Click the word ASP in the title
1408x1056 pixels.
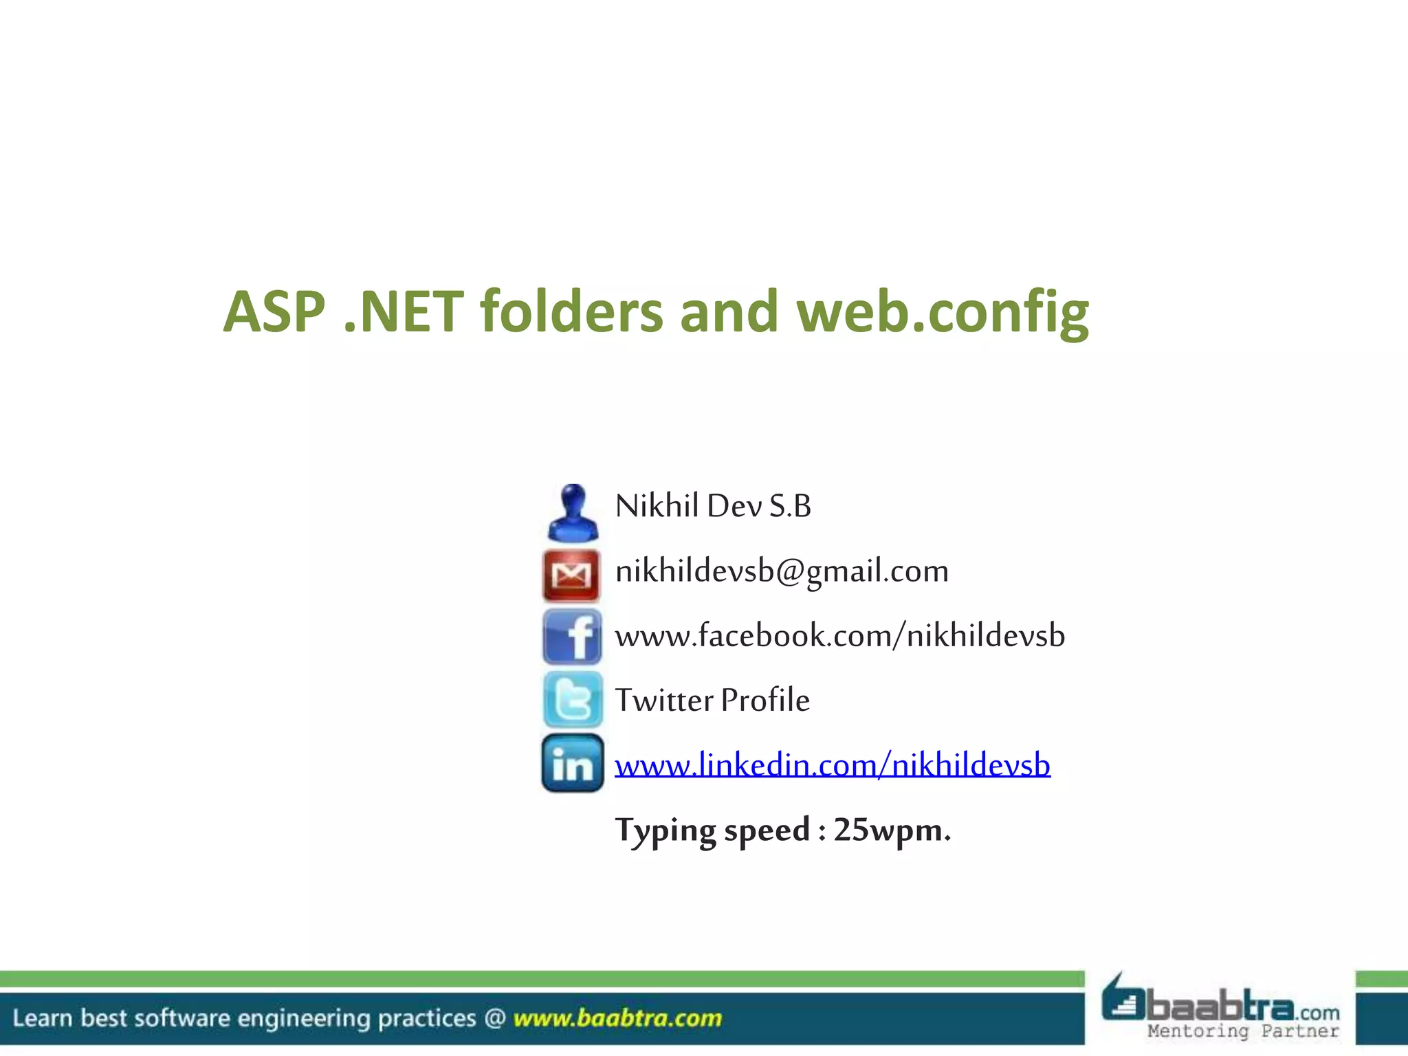tap(274, 313)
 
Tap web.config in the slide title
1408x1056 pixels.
tap(943, 313)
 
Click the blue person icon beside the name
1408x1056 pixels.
tap(572, 513)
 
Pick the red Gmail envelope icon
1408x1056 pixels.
tap(571, 575)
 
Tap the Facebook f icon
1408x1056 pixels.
tap(572, 637)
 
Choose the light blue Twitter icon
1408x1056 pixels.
tap(573, 700)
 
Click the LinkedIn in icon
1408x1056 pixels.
tap(572, 763)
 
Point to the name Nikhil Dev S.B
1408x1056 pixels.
tap(713, 506)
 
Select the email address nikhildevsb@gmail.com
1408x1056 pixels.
tap(782, 571)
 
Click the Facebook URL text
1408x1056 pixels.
tap(839, 635)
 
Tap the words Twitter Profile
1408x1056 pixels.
tap(712, 701)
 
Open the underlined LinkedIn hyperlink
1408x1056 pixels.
tap(832, 764)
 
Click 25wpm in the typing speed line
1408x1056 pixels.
tap(892, 830)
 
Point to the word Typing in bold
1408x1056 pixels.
tap(665, 830)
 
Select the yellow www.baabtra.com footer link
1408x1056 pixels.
tap(617, 1018)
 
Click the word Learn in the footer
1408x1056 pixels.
tap(42, 1018)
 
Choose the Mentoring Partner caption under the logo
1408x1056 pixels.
tap(1243, 1031)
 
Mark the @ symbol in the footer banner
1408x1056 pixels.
tap(495, 1018)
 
